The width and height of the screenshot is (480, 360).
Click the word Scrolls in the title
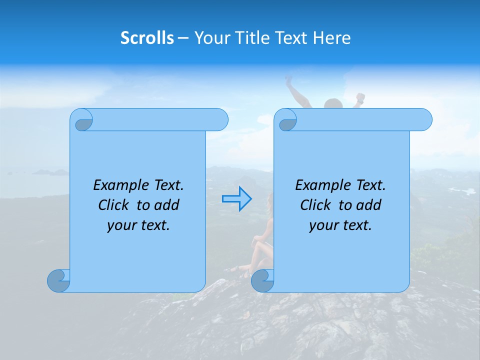pyautogui.click(x=147, y=38)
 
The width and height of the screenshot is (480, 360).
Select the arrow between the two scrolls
pyautogui.click(x=236, y=198)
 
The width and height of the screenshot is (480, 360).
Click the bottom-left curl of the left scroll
pyautogui.click(x=58, y=281)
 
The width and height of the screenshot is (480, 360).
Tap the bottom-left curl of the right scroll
pyautogui.click(x=262, y=281)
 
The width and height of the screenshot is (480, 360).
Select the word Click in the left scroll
pyautogui.click(x=113, y=205)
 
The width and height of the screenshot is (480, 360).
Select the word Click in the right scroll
pyautogui.click(x=315, y=205)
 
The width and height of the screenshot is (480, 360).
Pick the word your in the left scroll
pyautogui.click(x=120, y=225)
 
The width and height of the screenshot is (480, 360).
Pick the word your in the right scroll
pyautogui.click(x=322, y=225)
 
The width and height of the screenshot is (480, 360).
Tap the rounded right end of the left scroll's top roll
pyautogui.click(x=220, y=120)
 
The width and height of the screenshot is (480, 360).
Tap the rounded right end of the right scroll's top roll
pyautogui.click(x=424, y=120)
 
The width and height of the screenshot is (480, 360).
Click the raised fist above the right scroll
pyautogui.click(x=359, y=97)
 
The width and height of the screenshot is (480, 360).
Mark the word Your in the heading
pyautogui.click(x=209, y=38)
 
